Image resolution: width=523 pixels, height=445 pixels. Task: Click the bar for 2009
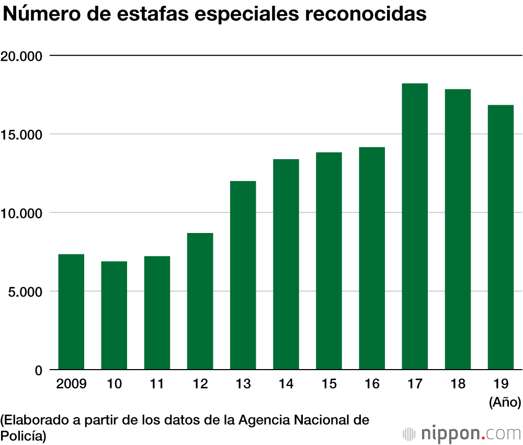point(71,312)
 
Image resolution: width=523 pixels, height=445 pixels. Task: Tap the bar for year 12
point(200,302)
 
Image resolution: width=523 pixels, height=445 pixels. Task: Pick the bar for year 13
point(243,275)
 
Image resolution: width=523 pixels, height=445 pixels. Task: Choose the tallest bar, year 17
point(415,227)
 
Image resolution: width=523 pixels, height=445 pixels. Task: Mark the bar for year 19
point(501,238)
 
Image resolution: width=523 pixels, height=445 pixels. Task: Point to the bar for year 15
point(329,261)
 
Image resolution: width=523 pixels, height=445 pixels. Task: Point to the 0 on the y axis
point(39,371)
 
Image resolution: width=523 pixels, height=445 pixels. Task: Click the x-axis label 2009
point(71,385)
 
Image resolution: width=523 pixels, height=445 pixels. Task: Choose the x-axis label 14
point(286,385)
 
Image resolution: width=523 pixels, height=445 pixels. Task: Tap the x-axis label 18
point(458,385)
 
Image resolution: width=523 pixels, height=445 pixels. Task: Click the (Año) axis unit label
point(505,403)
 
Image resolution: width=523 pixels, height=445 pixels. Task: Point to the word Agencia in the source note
point(261,420)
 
